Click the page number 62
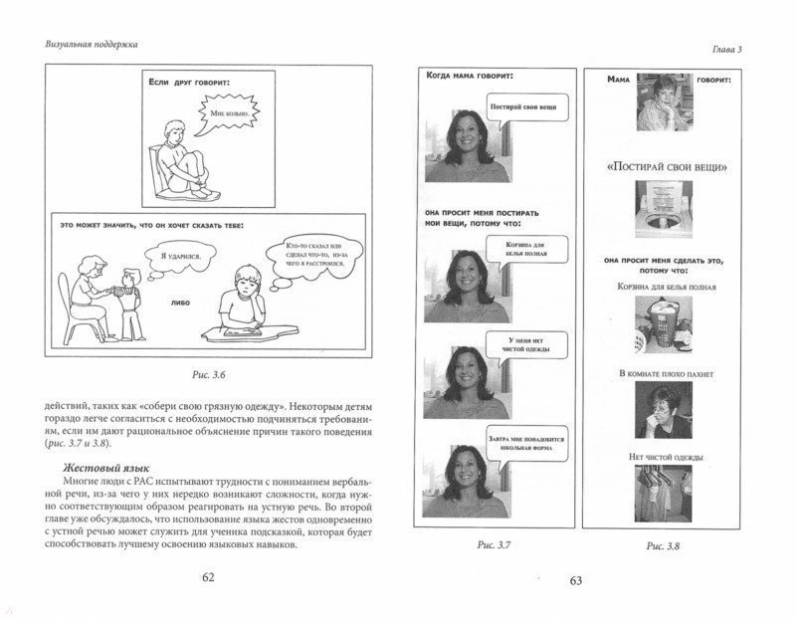pos(209,576)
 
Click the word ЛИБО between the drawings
pos(182,297)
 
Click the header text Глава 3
pos(754,44)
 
